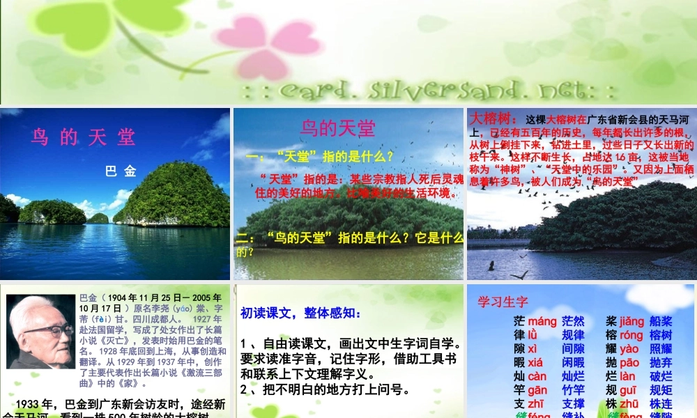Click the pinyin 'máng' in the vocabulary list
click(x=542, y=322)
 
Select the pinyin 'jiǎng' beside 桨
click(x=631, y=322)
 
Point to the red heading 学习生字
click(x=503, y=302)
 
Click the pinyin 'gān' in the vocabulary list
click(x=537, y=390)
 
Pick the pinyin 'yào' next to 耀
click(x=629, y=349)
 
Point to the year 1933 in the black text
click(x=32, y=404)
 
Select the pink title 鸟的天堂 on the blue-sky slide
click(x=337, y=127)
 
